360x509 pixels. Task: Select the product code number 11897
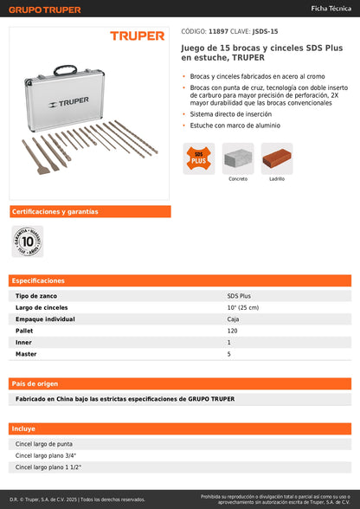point(218,31)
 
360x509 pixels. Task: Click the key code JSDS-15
point(265,31)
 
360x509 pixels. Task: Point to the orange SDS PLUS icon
point(198,158)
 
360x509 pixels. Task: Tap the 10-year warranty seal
point(28,241)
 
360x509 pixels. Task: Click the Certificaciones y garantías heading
point(55,211)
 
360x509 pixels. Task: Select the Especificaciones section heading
point(39,280)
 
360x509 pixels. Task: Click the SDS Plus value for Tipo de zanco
point(239,296)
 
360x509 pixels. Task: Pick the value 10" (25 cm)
point(243,307)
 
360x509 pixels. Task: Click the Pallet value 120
point(233,331)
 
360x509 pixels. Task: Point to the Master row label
point(26,353)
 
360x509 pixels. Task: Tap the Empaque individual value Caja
point(234,319)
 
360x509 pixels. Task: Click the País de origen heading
point(35,383)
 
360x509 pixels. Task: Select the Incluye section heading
point(23,428)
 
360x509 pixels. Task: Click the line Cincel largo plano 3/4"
point(46,455)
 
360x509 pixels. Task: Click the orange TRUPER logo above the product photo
point(137,36)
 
